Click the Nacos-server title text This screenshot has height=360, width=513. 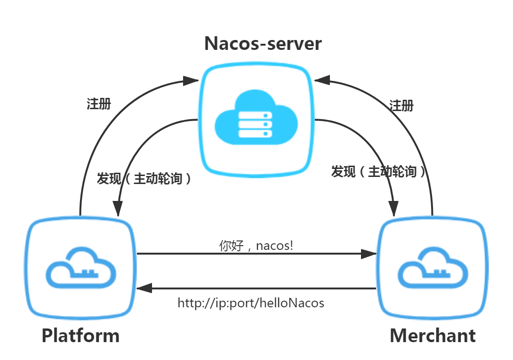click(x=263, y=44)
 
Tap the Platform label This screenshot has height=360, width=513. click(x=80, y=336)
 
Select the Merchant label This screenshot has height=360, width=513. click(x=433, y=336)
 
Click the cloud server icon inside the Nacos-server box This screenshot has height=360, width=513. click(x=256, y=121)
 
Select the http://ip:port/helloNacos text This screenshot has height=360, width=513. click(x=251, y=303)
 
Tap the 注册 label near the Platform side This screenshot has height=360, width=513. click(x=99, y=104)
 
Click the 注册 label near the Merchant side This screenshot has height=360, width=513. click(x=401, y=105)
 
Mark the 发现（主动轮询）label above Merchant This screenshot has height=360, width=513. click(x=379, y=172)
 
